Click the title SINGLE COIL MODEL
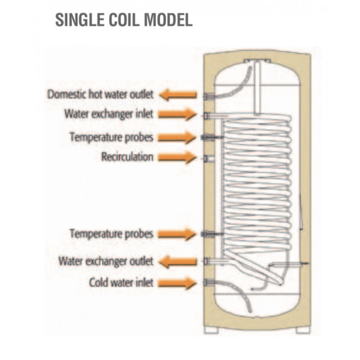(124, 20)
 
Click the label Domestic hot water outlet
(101, 95)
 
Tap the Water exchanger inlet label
(108, 114)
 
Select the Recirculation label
(127, 157)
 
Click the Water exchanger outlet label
(106, 261)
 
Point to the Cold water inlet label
(121, 283)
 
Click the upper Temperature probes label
(111, 136)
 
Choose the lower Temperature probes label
(111, 234)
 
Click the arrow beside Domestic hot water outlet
(178, 95)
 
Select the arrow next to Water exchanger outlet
(178, 261)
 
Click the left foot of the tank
(211, 329)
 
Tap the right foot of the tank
(302, 329)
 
